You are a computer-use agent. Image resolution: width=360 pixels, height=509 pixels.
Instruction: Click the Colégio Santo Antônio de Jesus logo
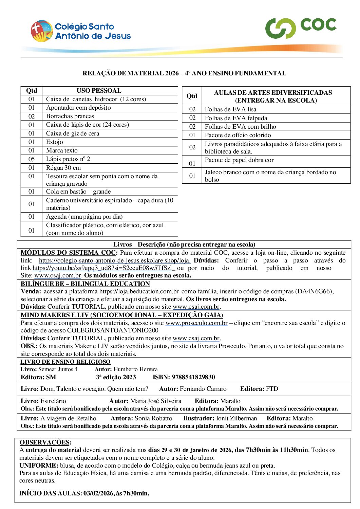tap(81, 31)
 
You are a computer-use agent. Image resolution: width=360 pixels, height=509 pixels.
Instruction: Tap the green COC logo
tap(301, 27)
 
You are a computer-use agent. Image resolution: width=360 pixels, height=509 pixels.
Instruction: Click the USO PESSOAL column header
tap(99, 91)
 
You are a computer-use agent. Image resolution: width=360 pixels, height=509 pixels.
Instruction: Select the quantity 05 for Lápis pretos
tap(32, 159)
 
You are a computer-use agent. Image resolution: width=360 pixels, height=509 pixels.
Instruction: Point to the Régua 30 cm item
tap(63, 168)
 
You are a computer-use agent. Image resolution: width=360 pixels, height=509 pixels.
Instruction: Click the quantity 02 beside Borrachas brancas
tap(32, 116)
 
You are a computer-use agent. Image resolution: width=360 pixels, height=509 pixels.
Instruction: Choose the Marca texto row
tap(62, 150)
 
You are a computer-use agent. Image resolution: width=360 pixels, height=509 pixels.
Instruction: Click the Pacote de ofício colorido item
tap(238, 135)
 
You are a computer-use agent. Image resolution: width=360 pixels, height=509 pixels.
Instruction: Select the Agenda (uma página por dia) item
tap(84, 217)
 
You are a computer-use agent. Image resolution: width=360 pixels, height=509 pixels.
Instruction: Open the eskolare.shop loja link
tap(115, 260)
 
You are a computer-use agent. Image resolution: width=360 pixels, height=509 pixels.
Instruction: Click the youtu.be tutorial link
tap(104, 268)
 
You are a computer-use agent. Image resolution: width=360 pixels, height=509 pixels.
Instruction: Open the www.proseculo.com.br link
tap(196, 323)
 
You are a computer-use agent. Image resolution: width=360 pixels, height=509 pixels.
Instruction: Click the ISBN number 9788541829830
tap(193, 377)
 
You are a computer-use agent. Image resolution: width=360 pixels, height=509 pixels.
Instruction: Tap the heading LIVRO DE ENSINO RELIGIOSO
tap(65, 362)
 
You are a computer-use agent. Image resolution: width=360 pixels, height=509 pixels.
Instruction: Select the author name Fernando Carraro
tap(203, 389)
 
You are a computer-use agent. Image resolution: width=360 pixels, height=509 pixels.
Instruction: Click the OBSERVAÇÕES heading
tap(45, 442)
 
